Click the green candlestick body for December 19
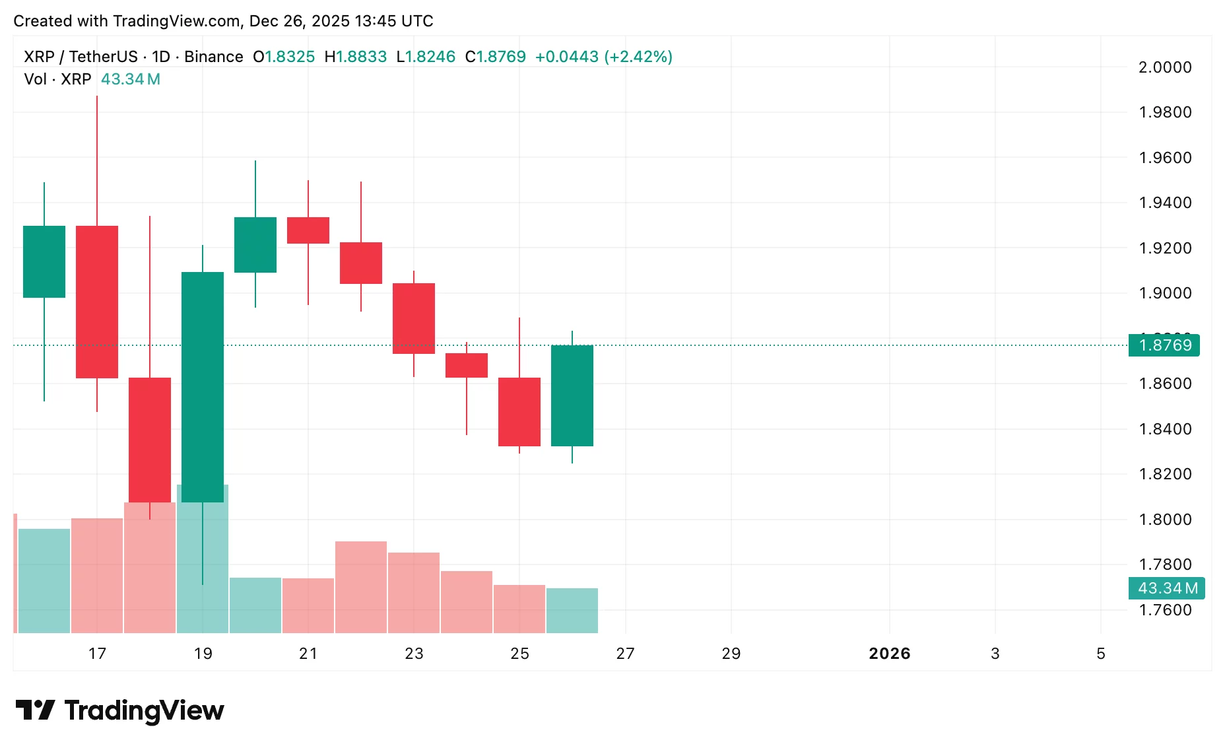coord(203,386)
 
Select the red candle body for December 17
coord(97,302)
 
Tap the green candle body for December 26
coord(572,395)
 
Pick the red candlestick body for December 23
coord(414,318)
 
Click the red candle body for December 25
coord(519,411)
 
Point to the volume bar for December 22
coord(361,587)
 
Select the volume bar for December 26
coord(572,610)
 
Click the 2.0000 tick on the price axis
coord(1165,67)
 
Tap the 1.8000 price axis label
coord(1165,520)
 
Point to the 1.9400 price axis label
coord(1165,203)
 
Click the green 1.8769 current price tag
coord(1164,345)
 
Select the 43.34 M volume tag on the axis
coord(1167,588)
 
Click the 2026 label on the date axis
coord(889,654)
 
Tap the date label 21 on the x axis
coord(308,654)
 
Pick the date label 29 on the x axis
coord(731,654)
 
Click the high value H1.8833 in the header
coord(356,57)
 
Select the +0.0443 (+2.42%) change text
coord(603,57)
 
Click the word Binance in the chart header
coord(213,57)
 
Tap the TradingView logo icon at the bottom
coord(35,710)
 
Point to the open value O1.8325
coord(284,57)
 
